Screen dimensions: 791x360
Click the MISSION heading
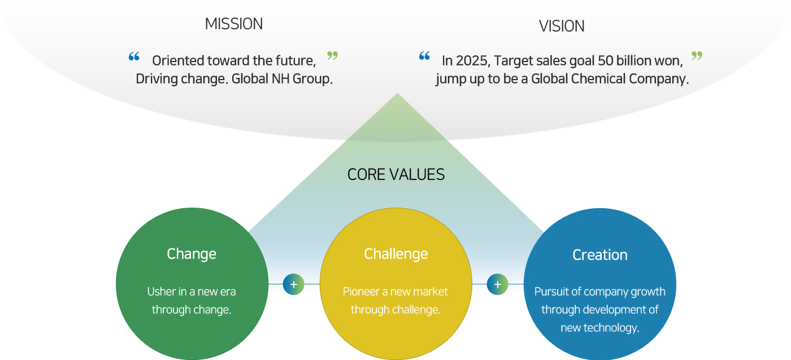pos(234,24)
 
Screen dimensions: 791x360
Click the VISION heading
pos(562,26)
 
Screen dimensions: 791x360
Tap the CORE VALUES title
pos(396,174)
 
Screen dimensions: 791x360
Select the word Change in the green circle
pos(192,254)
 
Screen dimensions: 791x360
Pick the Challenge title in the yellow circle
pos(396,254)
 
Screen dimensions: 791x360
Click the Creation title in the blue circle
pos(600,255)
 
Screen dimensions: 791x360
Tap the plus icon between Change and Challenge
pos(293,284)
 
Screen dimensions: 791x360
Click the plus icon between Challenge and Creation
pos(498,284)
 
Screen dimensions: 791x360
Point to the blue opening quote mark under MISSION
pos(134,56)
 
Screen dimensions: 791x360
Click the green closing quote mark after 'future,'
pos(332,55)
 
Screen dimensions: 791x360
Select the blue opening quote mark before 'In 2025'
pos(424,55)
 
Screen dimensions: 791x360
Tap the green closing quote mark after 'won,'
pos(697,55)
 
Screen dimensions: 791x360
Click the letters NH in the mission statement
pos(280,78)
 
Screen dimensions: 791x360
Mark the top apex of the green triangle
pos(397,93)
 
